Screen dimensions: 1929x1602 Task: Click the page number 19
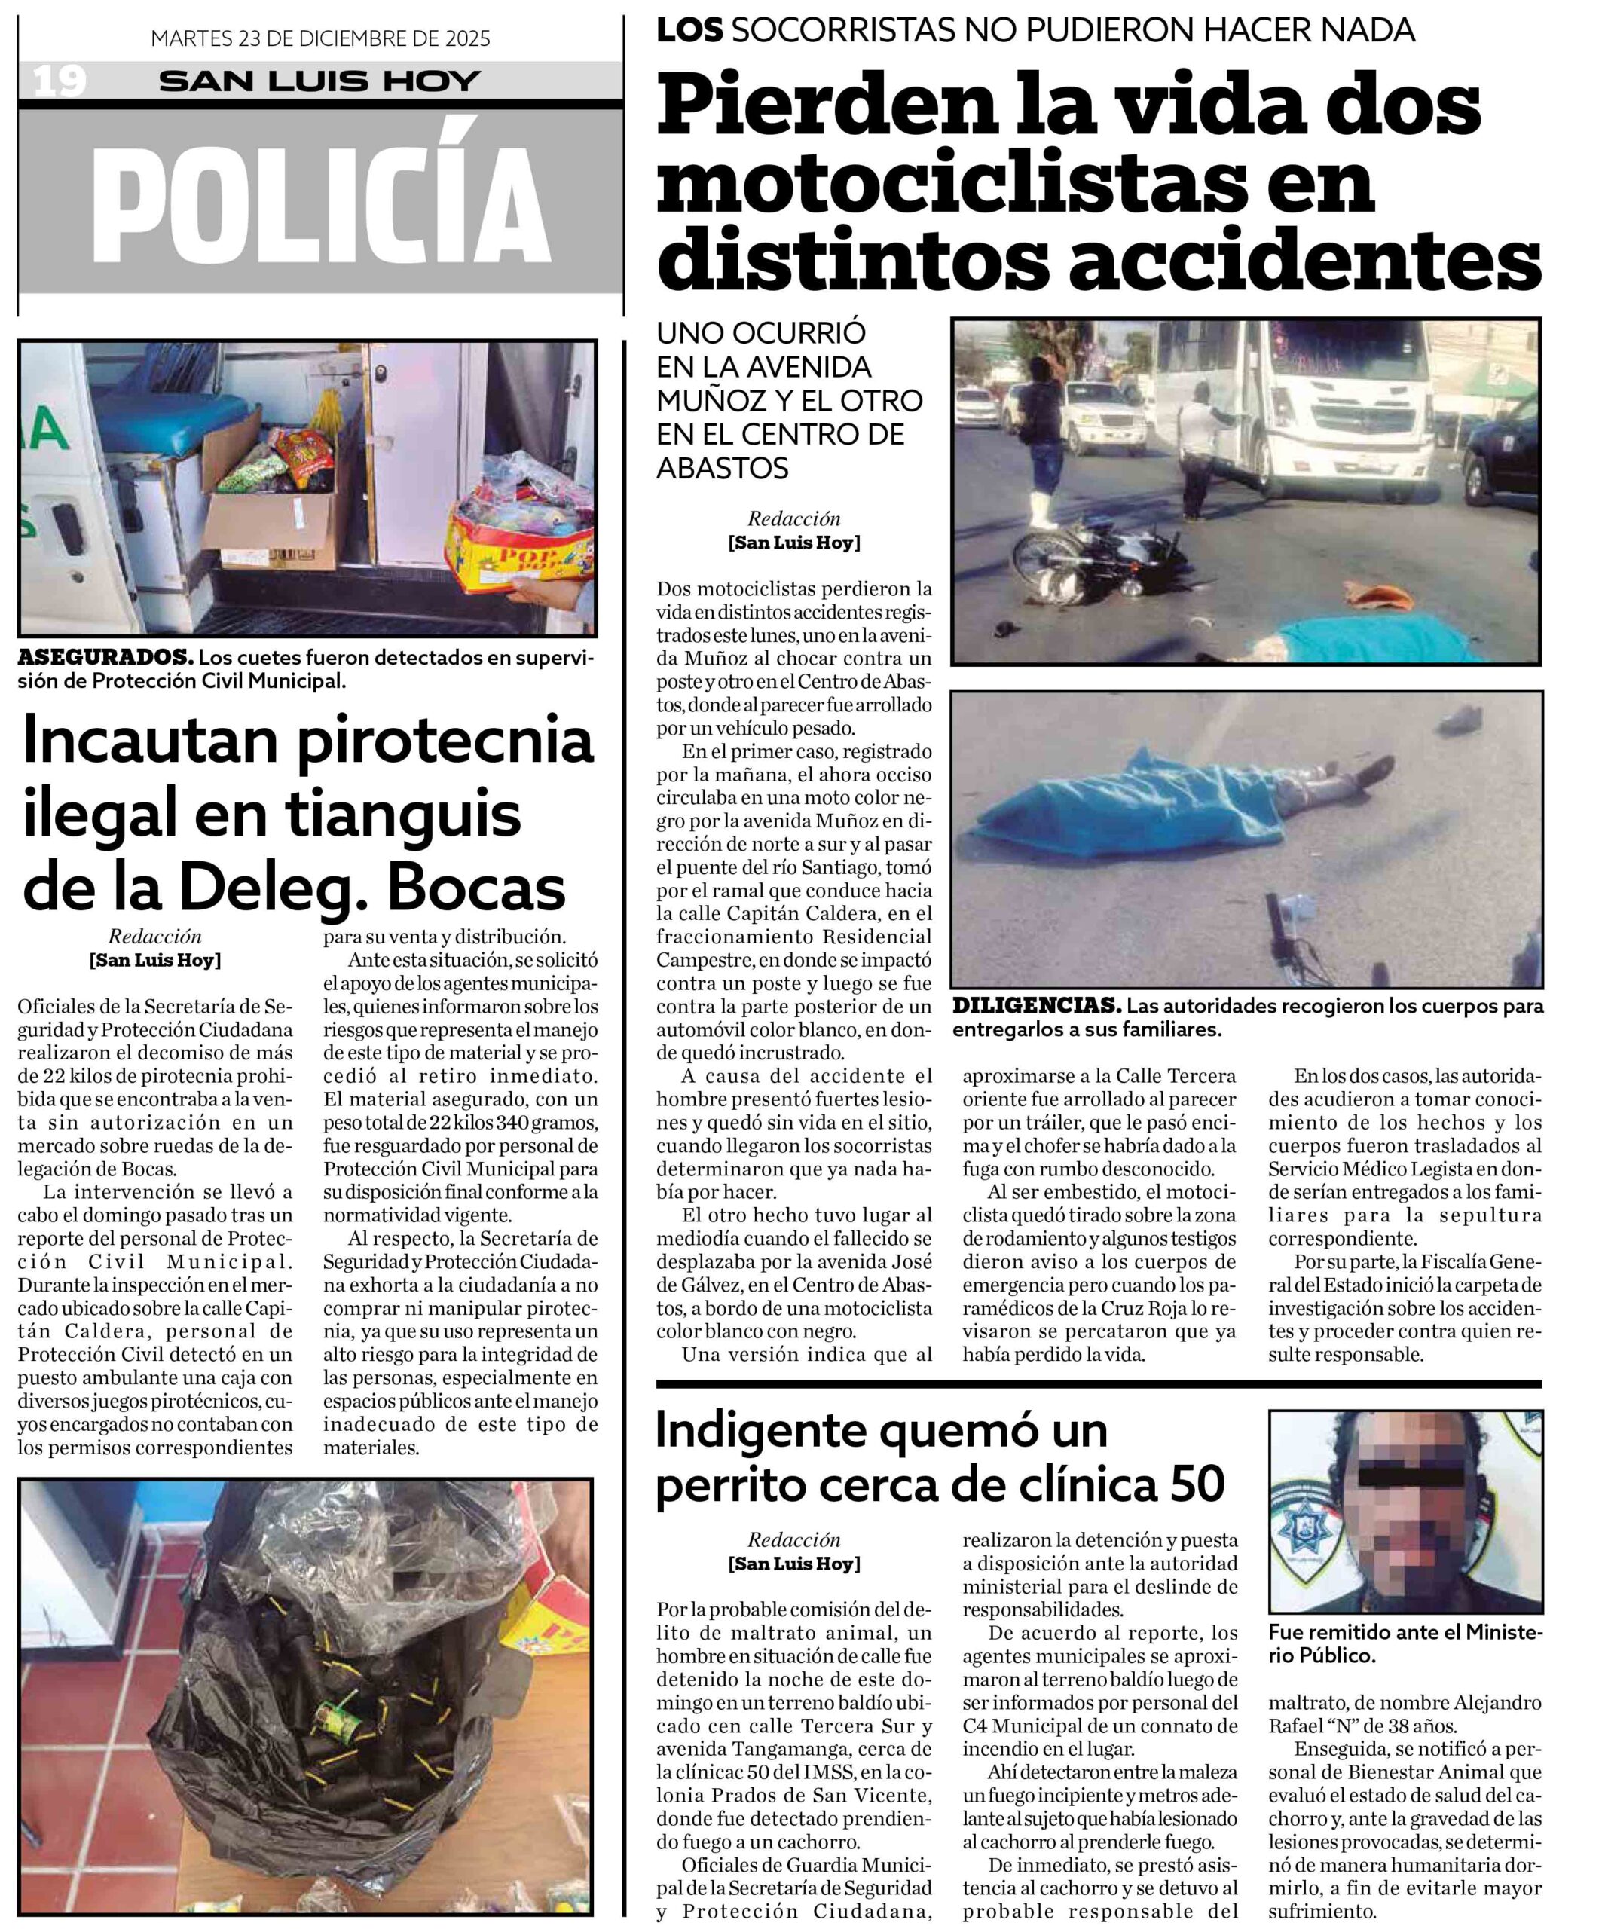[60, 81]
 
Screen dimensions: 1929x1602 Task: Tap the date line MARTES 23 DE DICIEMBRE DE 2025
[320, 38]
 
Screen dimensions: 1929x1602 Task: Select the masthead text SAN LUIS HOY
[319, 81]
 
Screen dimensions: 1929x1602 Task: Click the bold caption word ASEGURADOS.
[105, 658]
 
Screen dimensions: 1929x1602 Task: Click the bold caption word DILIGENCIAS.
[1036, 1006]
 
